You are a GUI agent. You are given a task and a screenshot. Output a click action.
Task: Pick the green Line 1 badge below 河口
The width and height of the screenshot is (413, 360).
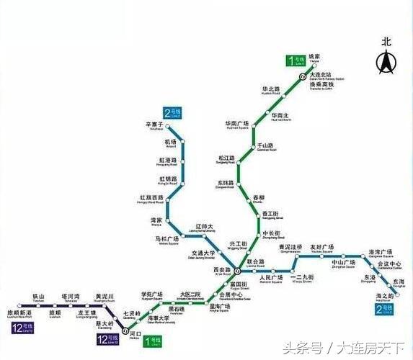point(152,339)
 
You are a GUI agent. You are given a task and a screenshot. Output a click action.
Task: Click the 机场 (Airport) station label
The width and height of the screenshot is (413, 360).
point(170,143)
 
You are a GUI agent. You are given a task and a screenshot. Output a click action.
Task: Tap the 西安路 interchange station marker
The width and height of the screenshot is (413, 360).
point(226,273)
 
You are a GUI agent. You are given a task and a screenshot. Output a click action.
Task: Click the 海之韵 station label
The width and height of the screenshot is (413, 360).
point(385,297)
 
